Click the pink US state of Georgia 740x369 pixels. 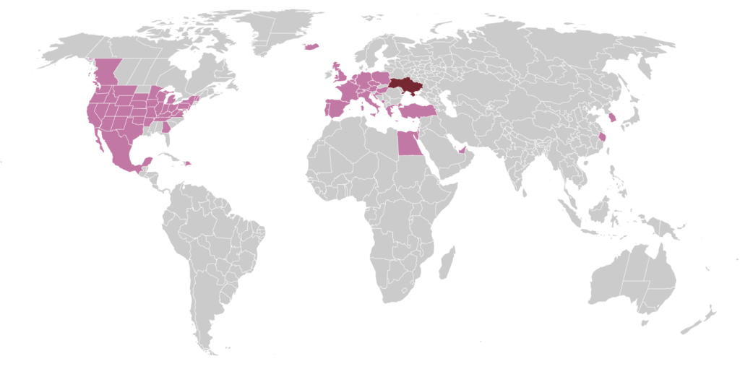coord(166,127)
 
